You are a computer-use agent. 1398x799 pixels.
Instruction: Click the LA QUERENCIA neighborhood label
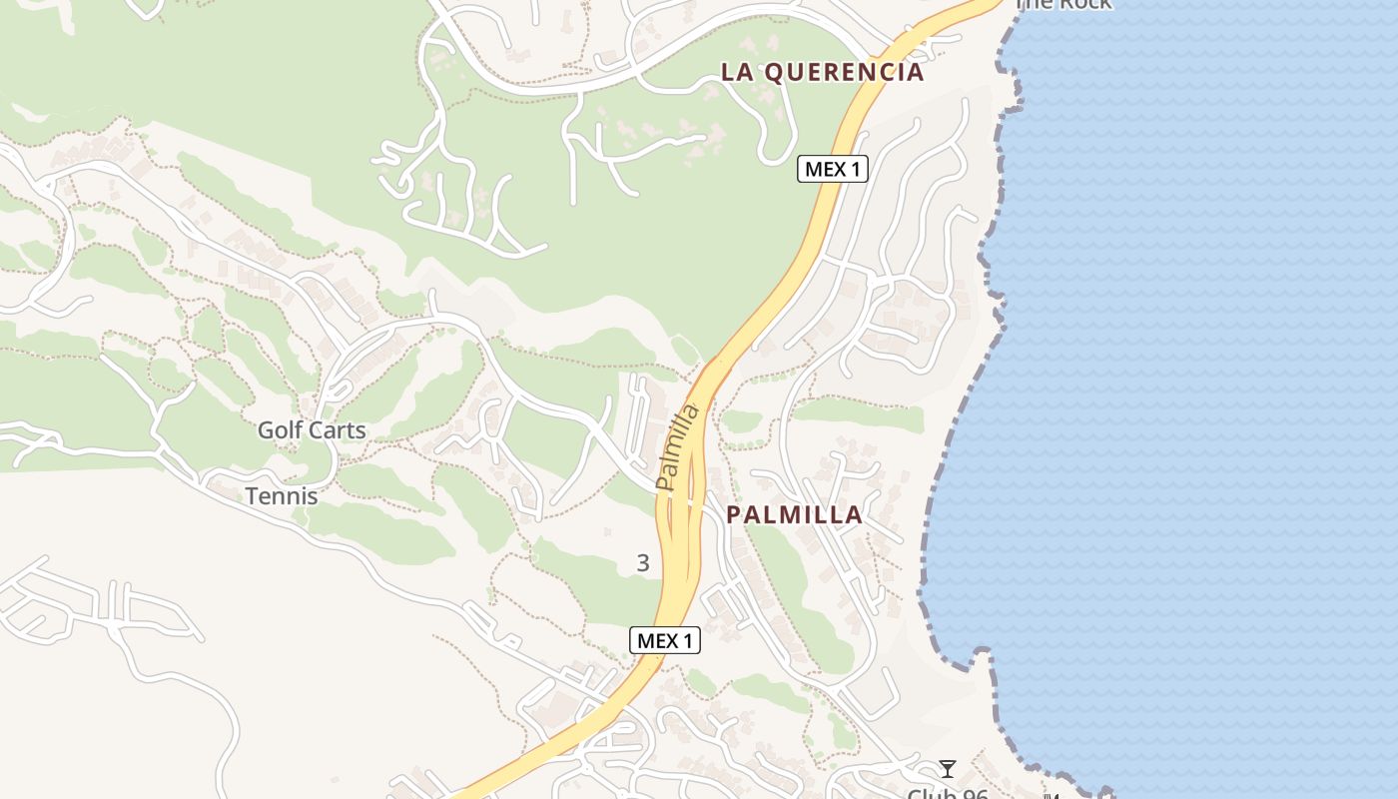point(822,73)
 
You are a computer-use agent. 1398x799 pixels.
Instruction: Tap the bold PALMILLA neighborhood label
point(794,515)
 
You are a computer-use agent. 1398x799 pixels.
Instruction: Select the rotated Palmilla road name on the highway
point(677,447)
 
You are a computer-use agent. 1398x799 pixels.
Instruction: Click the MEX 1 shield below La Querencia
point(832,169)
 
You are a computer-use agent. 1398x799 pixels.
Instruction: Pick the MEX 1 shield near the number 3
point(665,641)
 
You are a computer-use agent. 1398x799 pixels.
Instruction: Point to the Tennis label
point(282,495)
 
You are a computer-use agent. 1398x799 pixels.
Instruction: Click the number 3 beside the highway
point(643,563)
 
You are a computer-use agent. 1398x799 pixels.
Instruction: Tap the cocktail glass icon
point(948,768)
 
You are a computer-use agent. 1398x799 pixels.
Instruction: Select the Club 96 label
point(947,794)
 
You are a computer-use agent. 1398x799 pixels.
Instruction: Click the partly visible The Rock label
point(1062,4)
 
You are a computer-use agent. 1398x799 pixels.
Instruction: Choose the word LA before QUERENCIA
point(736,73)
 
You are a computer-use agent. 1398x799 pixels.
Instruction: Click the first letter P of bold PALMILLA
point(734,515)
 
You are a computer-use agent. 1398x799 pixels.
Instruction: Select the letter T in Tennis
point(253,495)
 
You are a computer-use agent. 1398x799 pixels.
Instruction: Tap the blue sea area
point(1198,399)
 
